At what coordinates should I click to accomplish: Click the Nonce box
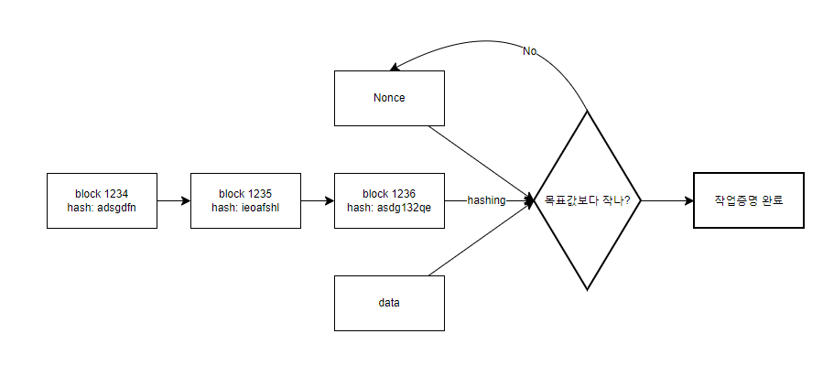click(x=390, y=98)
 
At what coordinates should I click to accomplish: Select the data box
click(x=390, y=302)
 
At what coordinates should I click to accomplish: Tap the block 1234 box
click(x=102, y=200)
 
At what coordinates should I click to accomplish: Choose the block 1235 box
click(x=245, y=200)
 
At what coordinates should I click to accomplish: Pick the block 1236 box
click(x=390, y=200)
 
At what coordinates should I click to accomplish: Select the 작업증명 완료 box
click(x=748, y=200)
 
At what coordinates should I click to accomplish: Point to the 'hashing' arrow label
click(x=486, y=200)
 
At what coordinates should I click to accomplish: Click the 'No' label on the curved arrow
click(x=530, y=51)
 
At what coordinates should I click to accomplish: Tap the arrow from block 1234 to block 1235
click(x=173, y=200)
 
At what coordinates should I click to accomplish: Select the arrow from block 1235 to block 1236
click(x=318, y=200)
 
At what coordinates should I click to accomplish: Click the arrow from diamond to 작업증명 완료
click(x=666, y=200)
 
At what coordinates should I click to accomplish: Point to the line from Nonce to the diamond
click(x=481, y=162)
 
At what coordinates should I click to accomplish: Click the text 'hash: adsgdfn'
click(x=102, y=208)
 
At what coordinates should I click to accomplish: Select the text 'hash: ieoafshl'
click(x=245, y=208)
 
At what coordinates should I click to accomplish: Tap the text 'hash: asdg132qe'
click(x=390, y=208)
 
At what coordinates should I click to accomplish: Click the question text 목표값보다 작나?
click(x=587, y=200)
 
